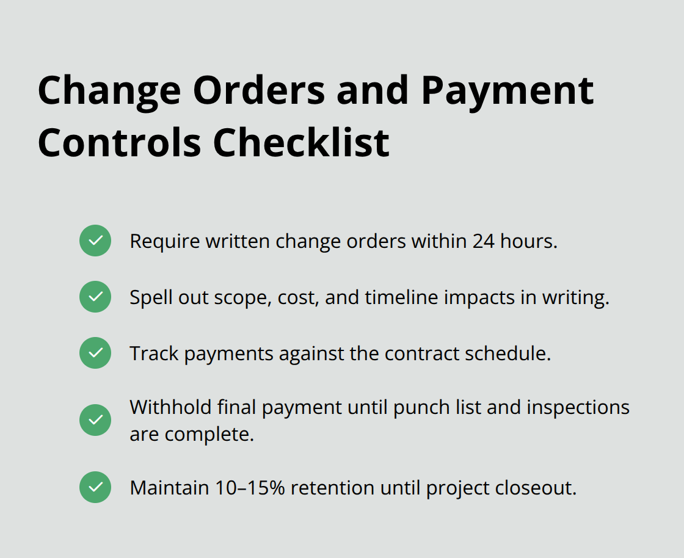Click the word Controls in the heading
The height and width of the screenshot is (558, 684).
(x=119, y=142)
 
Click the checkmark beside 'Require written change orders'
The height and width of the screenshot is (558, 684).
(x=95, y=241)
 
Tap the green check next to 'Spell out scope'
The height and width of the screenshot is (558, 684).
(x=95, y=297)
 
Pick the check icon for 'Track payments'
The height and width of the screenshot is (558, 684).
(x=95, y=353)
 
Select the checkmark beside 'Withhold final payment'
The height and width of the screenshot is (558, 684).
(x=95, y=420)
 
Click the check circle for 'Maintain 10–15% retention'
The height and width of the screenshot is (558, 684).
(x=95, y=487)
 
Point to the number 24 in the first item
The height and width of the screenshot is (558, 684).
(x=483, y=241)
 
